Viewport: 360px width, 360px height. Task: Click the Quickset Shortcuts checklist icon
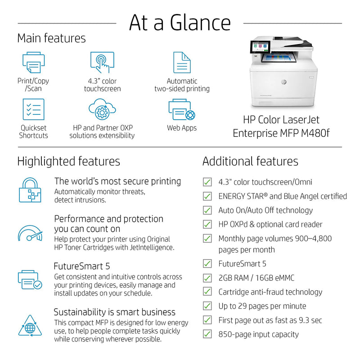(x=33, y=109)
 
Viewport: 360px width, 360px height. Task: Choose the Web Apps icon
(x=182, y=110)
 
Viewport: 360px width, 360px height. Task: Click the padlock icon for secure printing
(x=30, y=189)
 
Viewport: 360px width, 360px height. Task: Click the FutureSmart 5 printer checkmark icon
(x=30, y=279)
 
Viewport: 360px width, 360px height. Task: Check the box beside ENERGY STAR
(x=207, y=196)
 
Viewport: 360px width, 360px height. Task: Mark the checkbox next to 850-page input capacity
(x=207, y=334)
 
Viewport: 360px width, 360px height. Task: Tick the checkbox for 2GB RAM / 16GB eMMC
(x=207, y=278)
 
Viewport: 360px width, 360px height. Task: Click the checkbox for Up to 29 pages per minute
(x=207, y=306)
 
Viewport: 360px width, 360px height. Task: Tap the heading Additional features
(x=250, y=161)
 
